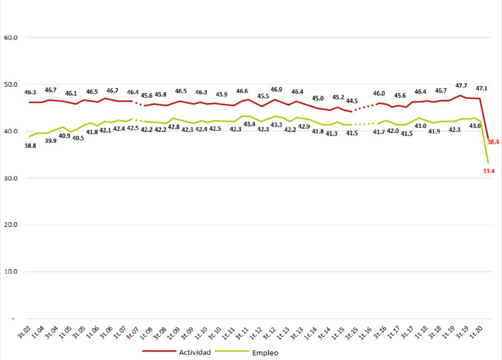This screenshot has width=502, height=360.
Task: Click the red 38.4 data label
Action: click(493, 142)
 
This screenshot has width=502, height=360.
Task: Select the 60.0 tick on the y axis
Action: click(11, 37)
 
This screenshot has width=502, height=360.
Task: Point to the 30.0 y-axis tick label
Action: click(11, 178)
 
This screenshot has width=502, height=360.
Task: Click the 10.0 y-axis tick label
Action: click(11, 272)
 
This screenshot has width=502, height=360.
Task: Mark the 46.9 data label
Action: click(276, 90)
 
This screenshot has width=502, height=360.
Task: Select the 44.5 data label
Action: click(352, 101)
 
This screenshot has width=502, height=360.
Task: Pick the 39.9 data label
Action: click(51, 141)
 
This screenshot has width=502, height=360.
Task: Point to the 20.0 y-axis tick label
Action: click(11, 225)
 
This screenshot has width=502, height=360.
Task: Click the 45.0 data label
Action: click(318, 98)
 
